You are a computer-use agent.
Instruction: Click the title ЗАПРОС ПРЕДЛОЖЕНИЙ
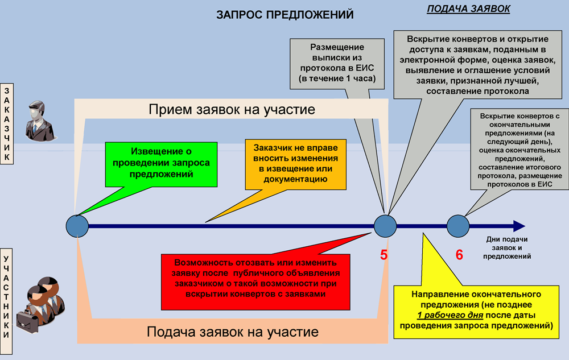coord(285,14)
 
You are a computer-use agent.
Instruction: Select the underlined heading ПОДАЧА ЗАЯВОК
coord(468,9)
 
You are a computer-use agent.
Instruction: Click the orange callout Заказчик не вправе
coord(295,164)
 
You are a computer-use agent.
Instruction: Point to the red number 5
coord(384,255)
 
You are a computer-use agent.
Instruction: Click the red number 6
coord(459,255)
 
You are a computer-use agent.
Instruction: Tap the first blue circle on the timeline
coord(77,226)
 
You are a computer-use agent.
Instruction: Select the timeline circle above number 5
coord(385,226)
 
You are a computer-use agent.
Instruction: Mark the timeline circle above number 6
coord(458,226)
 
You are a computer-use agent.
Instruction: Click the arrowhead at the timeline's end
coord(519,226)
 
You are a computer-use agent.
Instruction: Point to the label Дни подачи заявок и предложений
coord(506,248)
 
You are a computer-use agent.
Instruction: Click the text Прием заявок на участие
coord(232,110)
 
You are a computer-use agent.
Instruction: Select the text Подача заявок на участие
coord(233,332)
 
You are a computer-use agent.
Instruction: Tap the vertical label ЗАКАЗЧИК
coord(7,123)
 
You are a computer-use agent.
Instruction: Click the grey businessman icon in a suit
coord(39,121)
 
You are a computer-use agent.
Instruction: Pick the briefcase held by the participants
coord(27,321)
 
